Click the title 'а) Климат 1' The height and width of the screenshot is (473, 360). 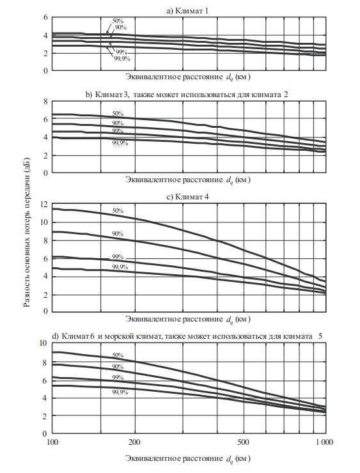tap(187, 11)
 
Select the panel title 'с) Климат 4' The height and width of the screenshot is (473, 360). tap(187, 197)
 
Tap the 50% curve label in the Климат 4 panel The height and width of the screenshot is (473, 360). tap(118, 210)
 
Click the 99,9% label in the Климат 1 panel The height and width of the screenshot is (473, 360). tap(122, 59)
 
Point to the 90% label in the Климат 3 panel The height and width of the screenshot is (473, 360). tap(118, 123)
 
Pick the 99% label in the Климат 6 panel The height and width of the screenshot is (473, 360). tap(118, 378)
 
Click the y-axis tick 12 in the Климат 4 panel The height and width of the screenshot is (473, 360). tap(43, 205)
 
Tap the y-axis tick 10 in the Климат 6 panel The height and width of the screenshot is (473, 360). tap(43, 343)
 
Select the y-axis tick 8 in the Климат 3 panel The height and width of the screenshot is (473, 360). tap(45, 102)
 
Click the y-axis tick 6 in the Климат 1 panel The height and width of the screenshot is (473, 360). tap(45, 17)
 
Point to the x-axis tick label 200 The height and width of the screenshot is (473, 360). tap(134, 442)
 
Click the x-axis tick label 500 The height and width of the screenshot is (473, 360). tap(243, 442)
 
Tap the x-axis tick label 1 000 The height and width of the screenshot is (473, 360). tap(325, 442)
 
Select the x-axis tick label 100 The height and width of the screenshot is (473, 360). tap(52, 442)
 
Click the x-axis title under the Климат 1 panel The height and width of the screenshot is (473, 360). tap(188, 77)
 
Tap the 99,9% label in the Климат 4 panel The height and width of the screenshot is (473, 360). tap(120, 267)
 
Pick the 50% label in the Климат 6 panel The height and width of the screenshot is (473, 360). tap(118, 355)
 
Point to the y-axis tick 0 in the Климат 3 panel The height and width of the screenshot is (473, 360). tap(45, 173)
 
